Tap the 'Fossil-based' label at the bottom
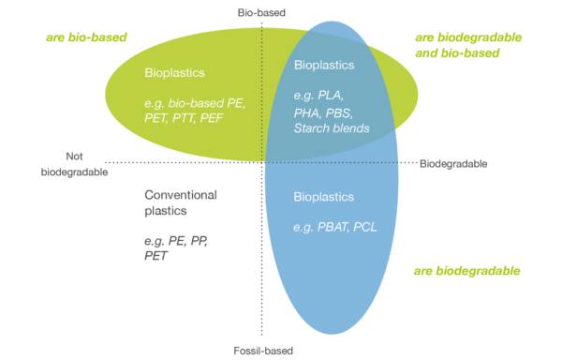(263, 351)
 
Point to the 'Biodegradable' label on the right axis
(453, 164)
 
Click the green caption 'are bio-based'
(87, 37)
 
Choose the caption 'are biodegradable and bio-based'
(467, 45)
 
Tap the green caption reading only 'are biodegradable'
(466, 271)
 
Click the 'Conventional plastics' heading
(180, 202)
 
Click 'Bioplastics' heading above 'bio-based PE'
(174, 72)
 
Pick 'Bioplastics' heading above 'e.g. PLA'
(323, 66)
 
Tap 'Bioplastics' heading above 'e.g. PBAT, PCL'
(323, 198)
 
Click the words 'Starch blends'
(332, 127)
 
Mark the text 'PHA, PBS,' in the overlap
(321, 112)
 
